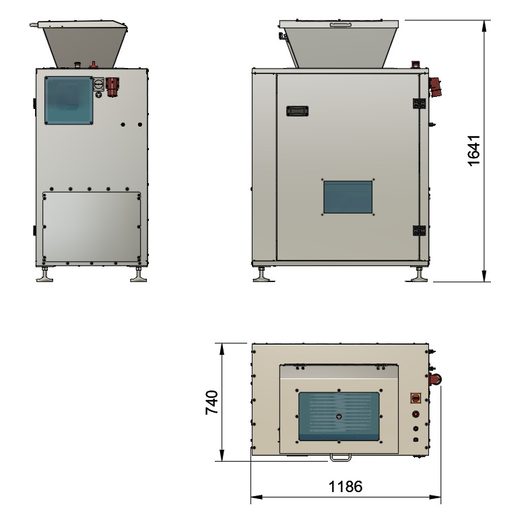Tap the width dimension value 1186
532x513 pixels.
[x=345, y=486]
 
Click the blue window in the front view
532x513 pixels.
[x=68, y=100]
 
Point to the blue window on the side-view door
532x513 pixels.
[x=348, y=197]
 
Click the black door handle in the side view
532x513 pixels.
[x=297, y=110]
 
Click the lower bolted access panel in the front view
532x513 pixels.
[x=92, y=227]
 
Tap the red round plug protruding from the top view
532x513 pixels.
[x=437, y=379]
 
